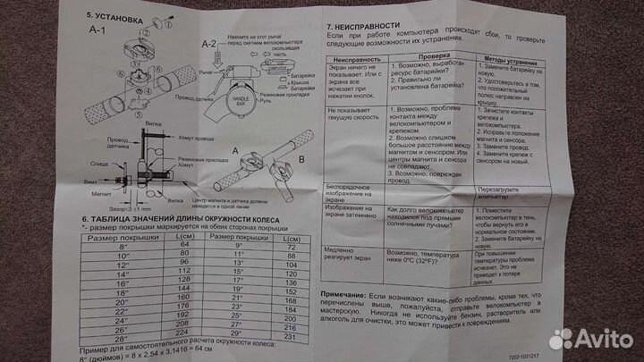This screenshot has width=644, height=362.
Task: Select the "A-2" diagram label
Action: [209, 42]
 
